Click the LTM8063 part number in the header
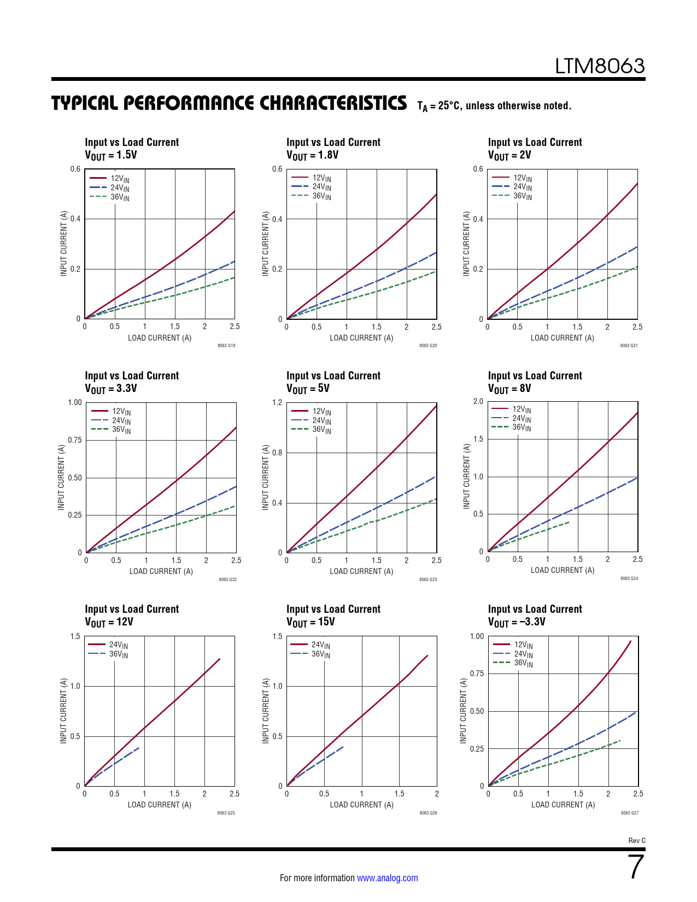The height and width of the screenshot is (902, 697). point(600,66)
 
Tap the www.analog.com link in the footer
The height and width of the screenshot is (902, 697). point(387,878)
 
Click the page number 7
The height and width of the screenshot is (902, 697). point(636,867)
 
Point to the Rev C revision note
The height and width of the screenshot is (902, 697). point(636,841)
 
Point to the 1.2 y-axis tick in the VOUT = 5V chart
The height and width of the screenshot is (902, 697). point(277,403)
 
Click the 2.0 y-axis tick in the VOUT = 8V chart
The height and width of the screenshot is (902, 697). point(478,402)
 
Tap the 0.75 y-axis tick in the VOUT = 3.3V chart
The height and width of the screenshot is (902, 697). point(75,440)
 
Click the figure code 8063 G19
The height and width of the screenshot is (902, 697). point(226,345)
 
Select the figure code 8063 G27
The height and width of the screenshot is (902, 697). point(629,813)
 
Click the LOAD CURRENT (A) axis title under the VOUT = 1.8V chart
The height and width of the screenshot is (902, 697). point(361,338)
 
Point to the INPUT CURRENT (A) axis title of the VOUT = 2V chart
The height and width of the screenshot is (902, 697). point(466,243)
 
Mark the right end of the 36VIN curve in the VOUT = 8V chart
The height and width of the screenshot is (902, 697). point(569,522)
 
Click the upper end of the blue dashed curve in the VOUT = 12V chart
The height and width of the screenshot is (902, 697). point(139,747)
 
